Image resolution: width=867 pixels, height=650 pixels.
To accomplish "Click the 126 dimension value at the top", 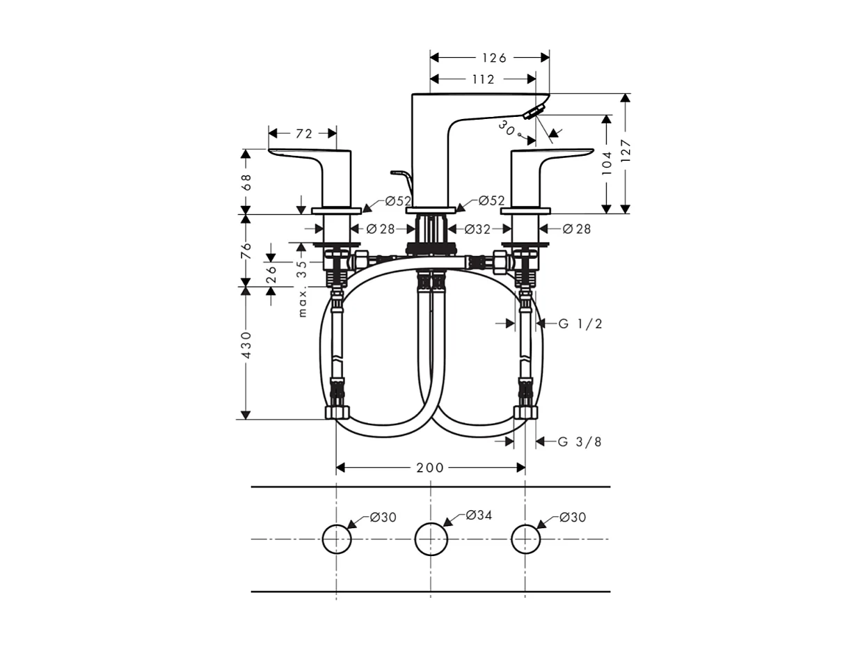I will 493,58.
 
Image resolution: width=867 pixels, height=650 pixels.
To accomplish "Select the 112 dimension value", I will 482,79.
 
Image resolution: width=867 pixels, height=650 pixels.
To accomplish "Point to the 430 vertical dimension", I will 246,345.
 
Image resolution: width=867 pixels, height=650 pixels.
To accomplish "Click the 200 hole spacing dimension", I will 430,468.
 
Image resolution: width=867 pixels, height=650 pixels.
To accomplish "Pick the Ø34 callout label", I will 479,515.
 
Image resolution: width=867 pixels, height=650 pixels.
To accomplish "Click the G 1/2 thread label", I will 580,324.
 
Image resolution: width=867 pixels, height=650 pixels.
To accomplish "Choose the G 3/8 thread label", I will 580,442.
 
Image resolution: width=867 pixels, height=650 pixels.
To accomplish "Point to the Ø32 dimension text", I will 477,229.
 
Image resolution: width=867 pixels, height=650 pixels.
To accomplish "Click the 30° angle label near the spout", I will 507,128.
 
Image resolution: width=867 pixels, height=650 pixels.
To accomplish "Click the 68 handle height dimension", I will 246,182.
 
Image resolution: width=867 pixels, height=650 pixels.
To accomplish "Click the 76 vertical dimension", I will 246,251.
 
